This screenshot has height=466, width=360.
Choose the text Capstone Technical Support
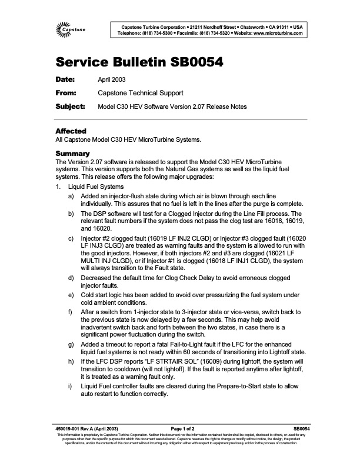[x=140, y=92]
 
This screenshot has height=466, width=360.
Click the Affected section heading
[x=71, y=131]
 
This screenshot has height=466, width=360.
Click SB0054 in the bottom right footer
[x=301, y=445]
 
